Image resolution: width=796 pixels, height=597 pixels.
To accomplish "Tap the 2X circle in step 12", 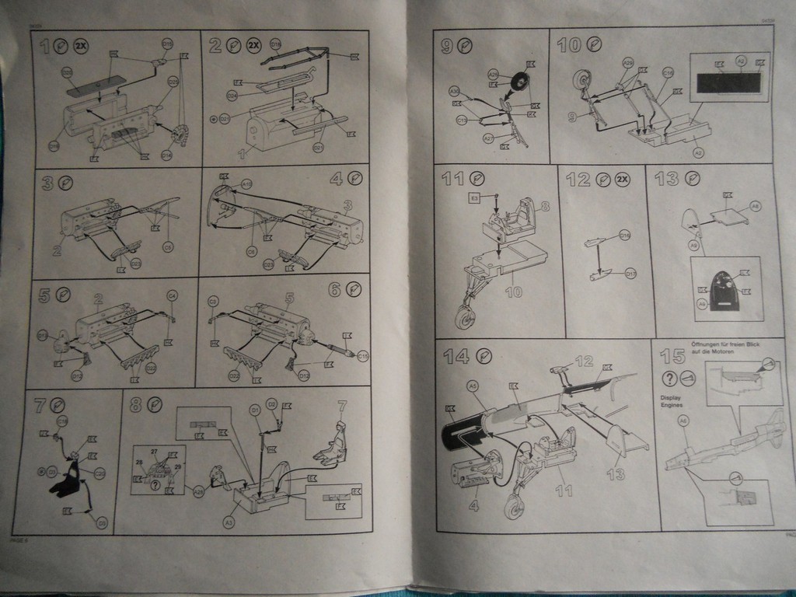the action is pyautogui.click(x=622, y=180).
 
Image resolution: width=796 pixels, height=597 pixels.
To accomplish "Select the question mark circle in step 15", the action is pyautogui.click(x=669, y=379).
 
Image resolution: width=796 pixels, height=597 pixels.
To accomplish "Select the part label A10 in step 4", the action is pyautogui.click(x=246, y=184).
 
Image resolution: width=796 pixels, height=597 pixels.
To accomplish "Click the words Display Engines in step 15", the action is pyautogui.click(x=672, y=400).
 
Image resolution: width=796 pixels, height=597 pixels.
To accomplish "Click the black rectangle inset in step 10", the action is pyautogui.click(x=728, y=81).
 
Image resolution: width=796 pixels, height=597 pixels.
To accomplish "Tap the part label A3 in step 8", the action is pyautogui.click(x=229, y=524).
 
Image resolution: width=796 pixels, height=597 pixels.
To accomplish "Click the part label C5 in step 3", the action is pyautogui.click(x=168, y=246).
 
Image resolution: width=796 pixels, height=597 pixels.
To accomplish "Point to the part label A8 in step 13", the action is pyautogui.click(x=755, y=205).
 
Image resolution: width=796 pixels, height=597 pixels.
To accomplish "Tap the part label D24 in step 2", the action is pyautogui.click(x=232, y=96).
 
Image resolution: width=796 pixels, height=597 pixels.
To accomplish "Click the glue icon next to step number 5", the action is pyautogui.click(x=65, y=295).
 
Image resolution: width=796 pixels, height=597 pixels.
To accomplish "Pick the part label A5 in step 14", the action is pyautogui.click(x=472, y=385).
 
